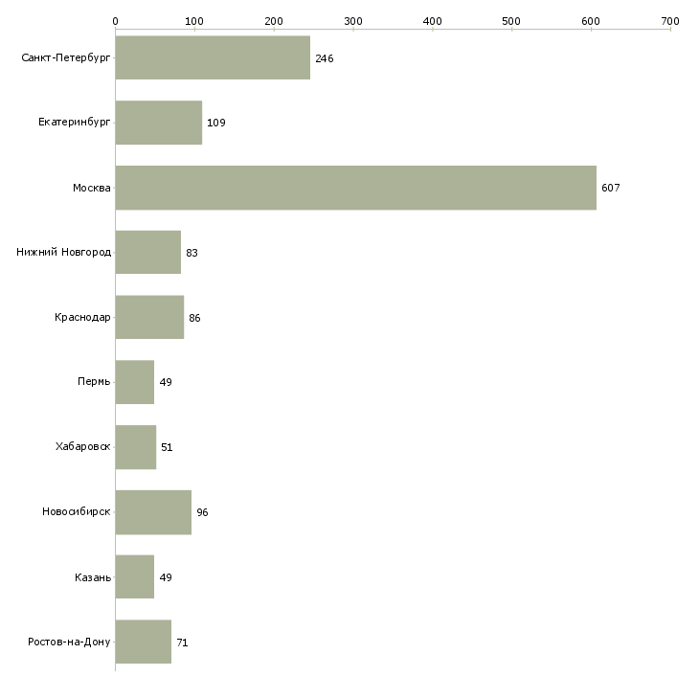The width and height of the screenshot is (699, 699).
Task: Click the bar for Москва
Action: click(x=355, y=188)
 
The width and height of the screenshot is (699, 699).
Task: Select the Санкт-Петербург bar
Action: click(x=213, y=58)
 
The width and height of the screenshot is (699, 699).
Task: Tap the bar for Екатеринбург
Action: click(x=158, y=123)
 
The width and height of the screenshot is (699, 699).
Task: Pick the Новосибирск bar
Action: click(x=153, y=512)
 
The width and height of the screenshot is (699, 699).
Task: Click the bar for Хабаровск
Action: click(x=135, y=447)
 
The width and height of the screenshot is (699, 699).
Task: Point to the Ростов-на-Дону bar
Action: click(x=143, y=642)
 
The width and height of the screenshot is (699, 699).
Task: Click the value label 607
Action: click(x=611, y=188)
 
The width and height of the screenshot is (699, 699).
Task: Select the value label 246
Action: click(x=324, y=58)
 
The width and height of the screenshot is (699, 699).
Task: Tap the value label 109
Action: click(x=215, y=123)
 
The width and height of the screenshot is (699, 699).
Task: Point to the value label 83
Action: click(x=192, y=253)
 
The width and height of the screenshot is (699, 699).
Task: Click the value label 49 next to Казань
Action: click(x=165, y=577)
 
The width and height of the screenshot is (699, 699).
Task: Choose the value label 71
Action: click(x=182, y=643)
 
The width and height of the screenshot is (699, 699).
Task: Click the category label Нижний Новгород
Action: click(x=64, y=253)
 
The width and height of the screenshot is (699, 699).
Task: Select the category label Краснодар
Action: click(x=82, y=318)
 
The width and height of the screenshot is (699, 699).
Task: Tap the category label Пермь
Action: click(x=94, y=382)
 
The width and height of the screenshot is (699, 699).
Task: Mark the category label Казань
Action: click(x=92, y=577)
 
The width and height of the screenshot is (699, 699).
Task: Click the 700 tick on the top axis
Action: click(x=669, y=20)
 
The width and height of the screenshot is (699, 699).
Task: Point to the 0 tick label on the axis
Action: click(x=115, y=20)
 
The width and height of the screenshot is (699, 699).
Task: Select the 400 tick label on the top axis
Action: click(x=432, y=20)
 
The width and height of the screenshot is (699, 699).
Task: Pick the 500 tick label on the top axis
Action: click(x=511, y=20)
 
